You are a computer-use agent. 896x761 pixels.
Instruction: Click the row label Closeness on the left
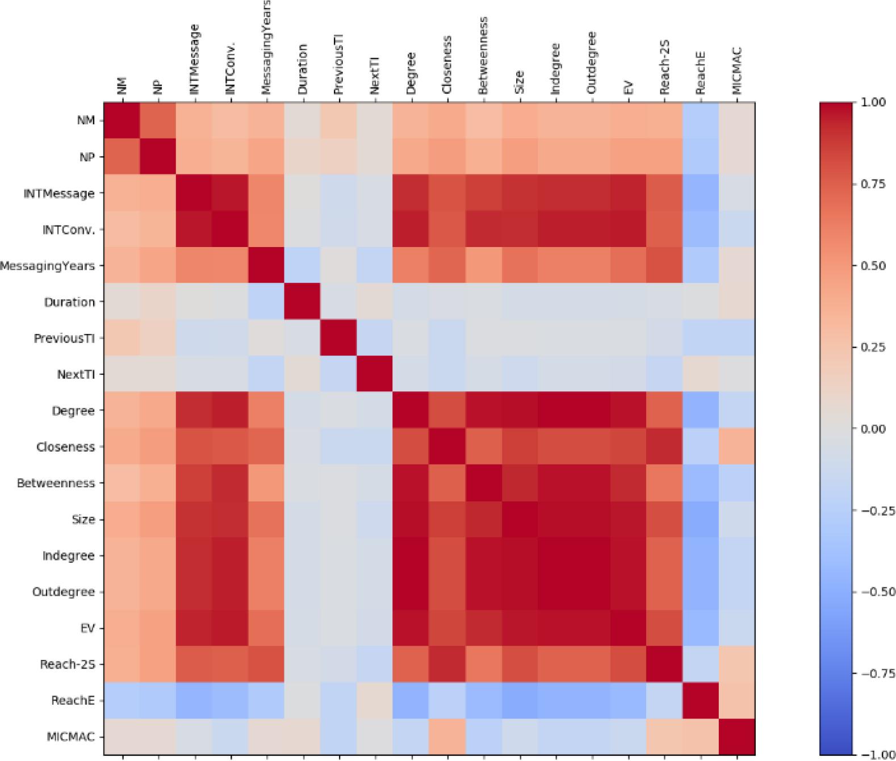click(x=65, y=447)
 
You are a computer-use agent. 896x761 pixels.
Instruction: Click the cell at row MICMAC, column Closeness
click(x=447, y=737)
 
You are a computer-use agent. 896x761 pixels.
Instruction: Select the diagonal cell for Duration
click(x=303, y=302)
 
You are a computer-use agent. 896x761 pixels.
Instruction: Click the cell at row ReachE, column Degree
click(x=411, y=700)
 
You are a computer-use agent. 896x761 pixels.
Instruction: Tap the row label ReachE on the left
click(x=72, y=700)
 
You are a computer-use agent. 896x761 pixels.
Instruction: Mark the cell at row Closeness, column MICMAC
click(x=736, y=447)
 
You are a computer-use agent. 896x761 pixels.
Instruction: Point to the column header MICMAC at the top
click(x=737, y=70)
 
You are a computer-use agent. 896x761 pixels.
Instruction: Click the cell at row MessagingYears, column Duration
click(x=303, y=266)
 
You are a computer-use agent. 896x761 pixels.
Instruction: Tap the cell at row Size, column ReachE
click(x=701, y=519)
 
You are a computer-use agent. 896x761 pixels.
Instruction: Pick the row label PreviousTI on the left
click(x=64, y=338)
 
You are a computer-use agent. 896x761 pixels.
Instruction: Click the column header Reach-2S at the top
click(x=664, y=67)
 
